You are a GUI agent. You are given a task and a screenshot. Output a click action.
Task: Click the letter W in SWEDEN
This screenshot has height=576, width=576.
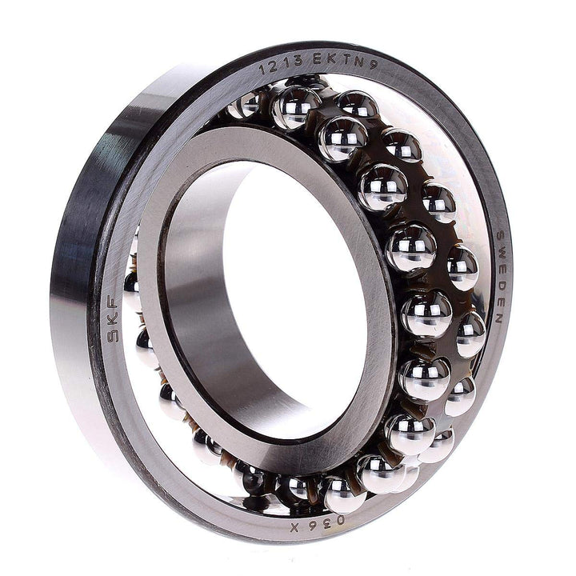coord(500,250)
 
